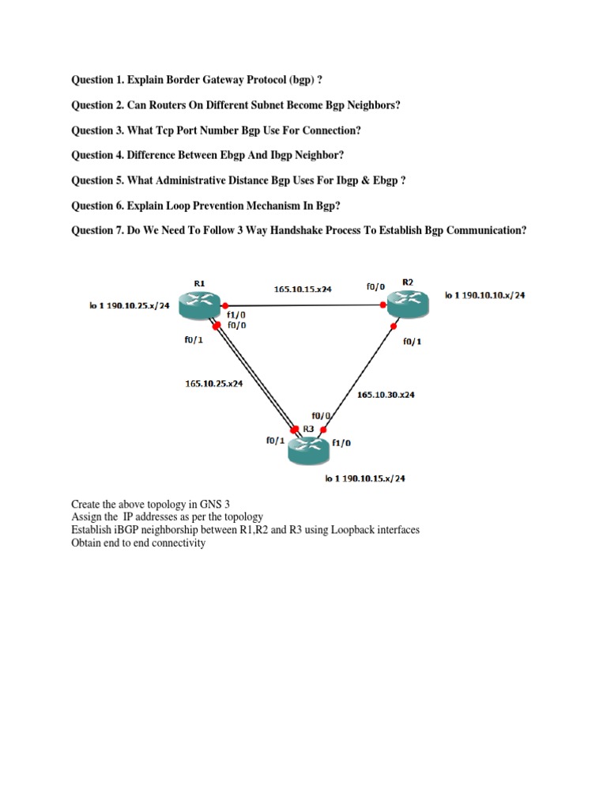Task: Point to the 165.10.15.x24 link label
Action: point(303,290)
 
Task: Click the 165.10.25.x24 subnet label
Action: point(213,384)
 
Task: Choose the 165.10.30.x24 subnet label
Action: point(386,394)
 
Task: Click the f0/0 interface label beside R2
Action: point(376,288)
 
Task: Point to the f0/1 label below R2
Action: point(413,342)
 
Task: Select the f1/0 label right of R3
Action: point(342,444)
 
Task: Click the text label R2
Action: point(408,282)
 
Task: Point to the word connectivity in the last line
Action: point(177,543)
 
